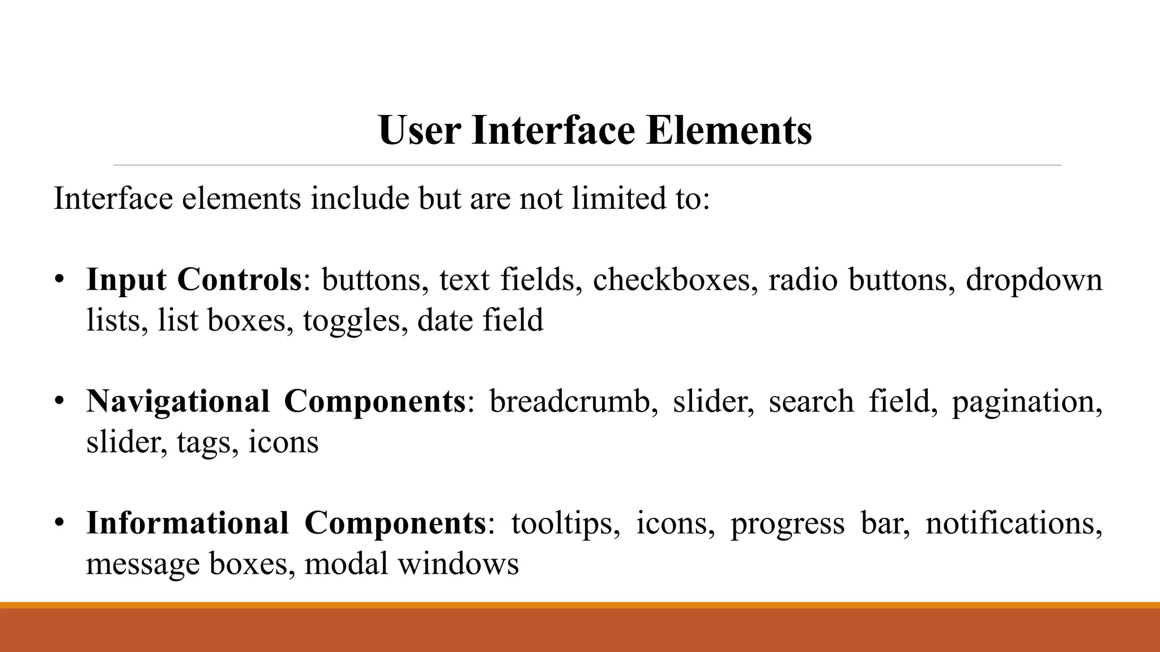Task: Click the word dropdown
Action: click(x=1034, y=280)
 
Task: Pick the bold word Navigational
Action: click(x=178, y=401)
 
